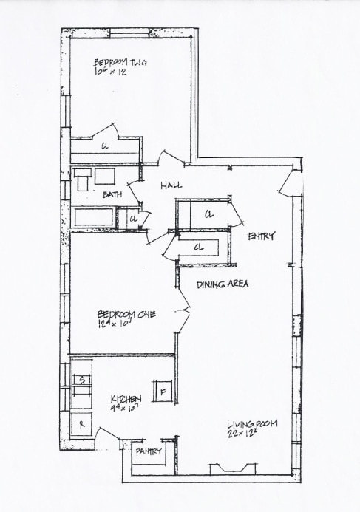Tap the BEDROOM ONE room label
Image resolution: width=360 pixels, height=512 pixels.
[120, 313]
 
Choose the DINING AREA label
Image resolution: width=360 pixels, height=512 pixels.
[222, 284]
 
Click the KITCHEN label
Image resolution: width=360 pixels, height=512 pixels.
[126, 398]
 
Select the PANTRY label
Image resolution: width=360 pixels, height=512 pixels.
[149, 451]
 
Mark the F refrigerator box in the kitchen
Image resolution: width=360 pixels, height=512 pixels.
[162, 389]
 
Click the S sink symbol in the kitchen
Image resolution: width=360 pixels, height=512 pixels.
[82, 380]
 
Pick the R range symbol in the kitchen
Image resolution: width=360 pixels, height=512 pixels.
[81, 424]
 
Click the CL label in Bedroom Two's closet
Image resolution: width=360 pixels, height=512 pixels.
[106, 146]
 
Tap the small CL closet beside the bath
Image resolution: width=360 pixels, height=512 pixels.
[134, 219]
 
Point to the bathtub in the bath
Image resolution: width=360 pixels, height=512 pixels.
[93, 217]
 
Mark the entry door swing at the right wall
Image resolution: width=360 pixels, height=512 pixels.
[291, 185]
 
